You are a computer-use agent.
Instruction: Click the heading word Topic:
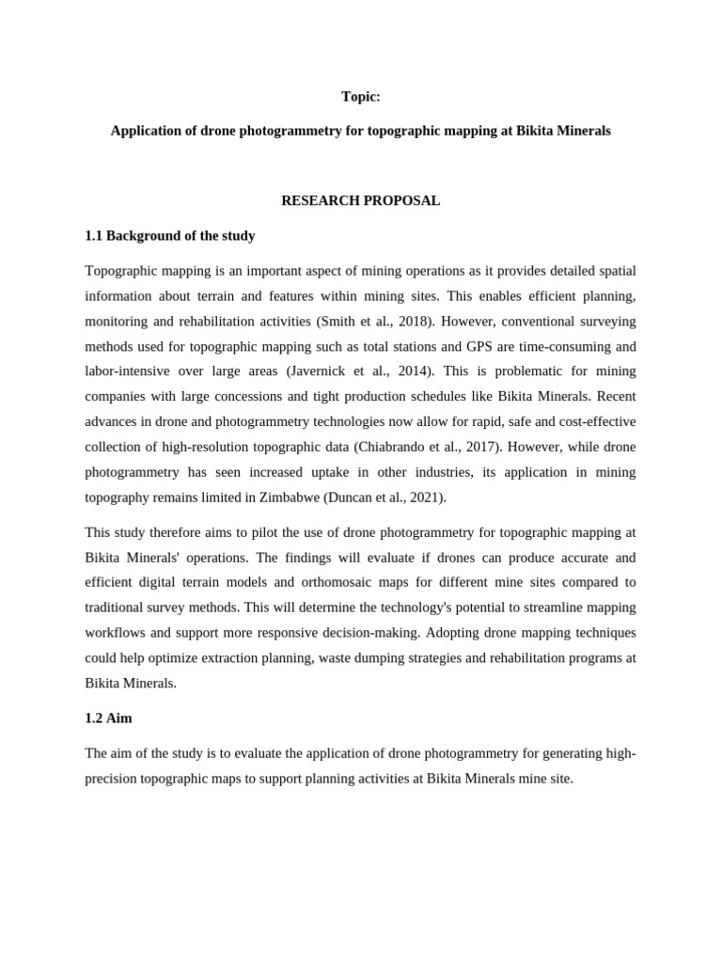click(x=361, y=97)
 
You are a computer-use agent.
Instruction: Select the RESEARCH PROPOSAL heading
click(x=361, y=201)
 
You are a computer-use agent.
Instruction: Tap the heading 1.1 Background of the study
click(x=169, y=236)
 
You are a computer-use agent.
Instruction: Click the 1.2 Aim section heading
click(x=108, y=718)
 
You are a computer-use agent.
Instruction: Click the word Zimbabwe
click(x=288, y=497)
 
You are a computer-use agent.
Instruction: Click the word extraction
click(x=245, y=657)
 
